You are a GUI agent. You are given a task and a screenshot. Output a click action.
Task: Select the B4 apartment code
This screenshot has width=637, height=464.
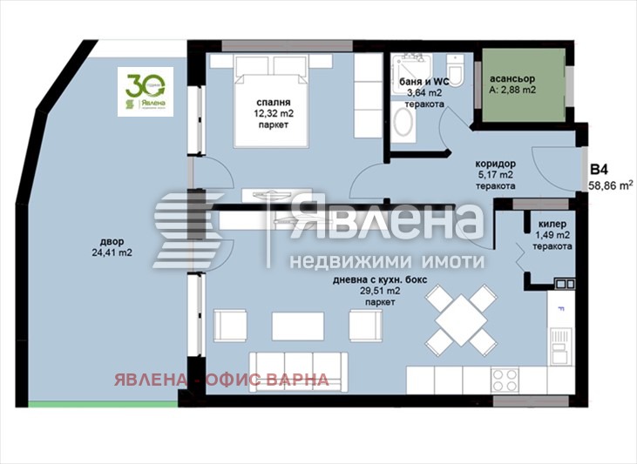[600, 170]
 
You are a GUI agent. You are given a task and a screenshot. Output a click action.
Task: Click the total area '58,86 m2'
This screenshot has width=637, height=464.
[610, 185]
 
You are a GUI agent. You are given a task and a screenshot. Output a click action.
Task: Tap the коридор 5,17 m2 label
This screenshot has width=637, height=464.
[496, 174]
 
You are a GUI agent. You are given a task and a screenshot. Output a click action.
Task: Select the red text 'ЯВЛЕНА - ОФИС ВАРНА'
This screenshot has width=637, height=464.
[220, 380]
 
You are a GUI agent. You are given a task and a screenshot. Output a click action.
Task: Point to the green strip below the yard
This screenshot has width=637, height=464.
[102, 403]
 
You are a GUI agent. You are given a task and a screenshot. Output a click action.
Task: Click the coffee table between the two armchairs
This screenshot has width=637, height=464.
[298, 326]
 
